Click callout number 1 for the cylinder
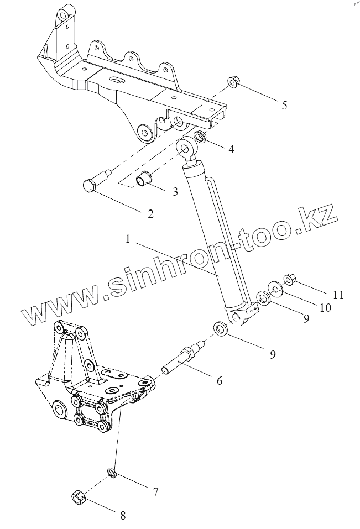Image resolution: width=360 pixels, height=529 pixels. pos(128,240)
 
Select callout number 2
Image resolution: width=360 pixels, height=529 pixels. pos(150,213)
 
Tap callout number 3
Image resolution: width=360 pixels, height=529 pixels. pos(175,192)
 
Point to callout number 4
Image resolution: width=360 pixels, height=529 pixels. pos(231,149)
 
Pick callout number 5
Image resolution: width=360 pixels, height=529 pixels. pos(284,105)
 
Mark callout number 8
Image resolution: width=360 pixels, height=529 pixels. pos(123,516)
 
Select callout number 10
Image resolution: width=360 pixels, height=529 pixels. pos(325,307)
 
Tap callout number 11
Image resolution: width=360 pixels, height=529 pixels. pos(338,295)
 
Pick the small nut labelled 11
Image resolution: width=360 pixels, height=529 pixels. pos(288,278)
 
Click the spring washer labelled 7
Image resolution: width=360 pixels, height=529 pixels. pos(111,473)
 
